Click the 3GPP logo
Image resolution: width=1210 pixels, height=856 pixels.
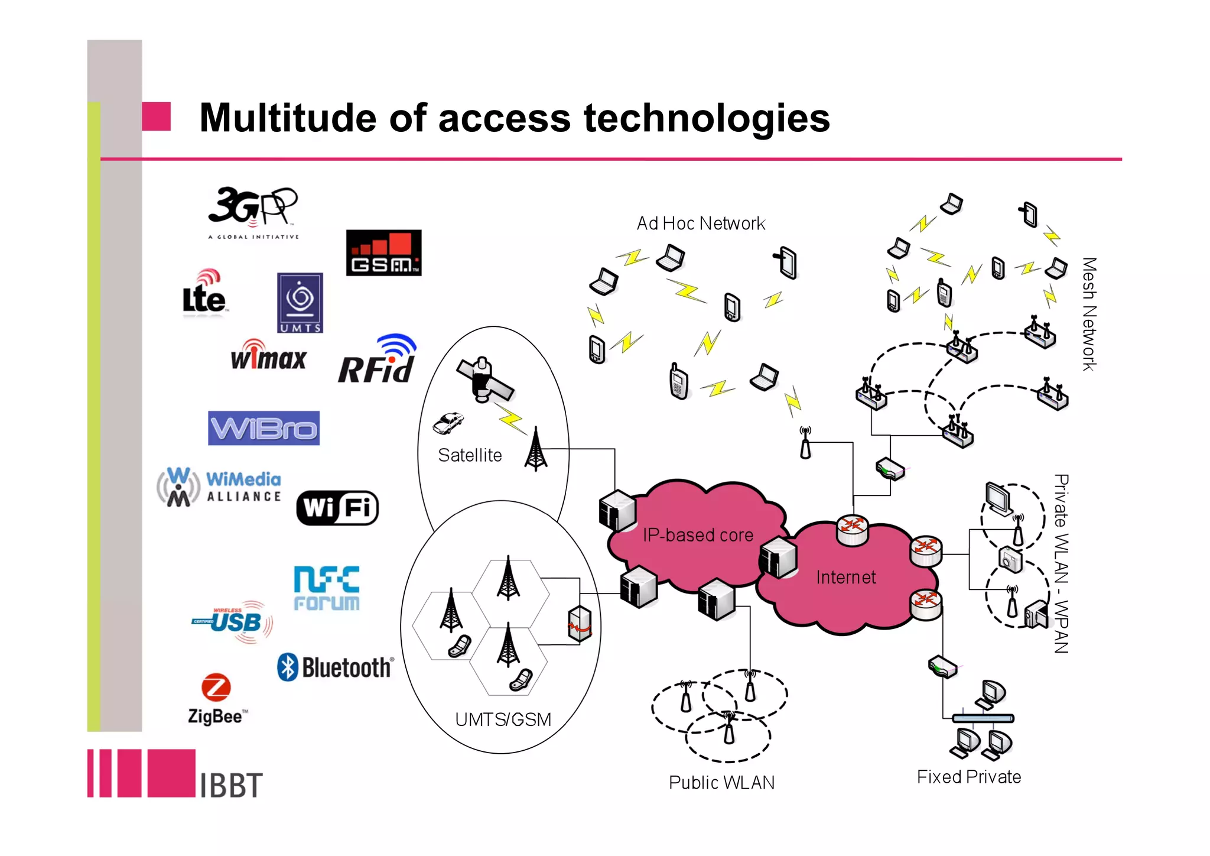point(253,212)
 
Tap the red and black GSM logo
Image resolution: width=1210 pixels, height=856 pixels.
point(383,253)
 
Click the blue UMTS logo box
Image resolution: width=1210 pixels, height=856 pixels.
point(300,303)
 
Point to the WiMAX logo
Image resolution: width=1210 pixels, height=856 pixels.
point(269,356)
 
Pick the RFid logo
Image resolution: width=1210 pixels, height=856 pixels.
point(377,361)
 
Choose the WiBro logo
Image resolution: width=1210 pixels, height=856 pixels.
point(264,428)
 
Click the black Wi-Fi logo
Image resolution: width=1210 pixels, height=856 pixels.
point(337,508)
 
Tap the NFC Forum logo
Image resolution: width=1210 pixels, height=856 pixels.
point(327,588)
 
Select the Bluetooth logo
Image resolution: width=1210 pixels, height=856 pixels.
point(335,667)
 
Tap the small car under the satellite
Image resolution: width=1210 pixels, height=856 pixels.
point(448,422)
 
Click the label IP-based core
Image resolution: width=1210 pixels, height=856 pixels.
point(698,535)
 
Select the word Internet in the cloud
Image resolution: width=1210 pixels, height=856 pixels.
point(845,577)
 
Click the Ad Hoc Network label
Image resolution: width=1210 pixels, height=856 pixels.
point(701,223)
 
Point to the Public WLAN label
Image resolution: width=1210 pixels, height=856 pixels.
point(721,782)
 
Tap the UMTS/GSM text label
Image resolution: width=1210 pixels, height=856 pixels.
point(503,719)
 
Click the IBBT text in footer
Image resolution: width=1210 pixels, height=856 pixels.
point(231,785)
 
